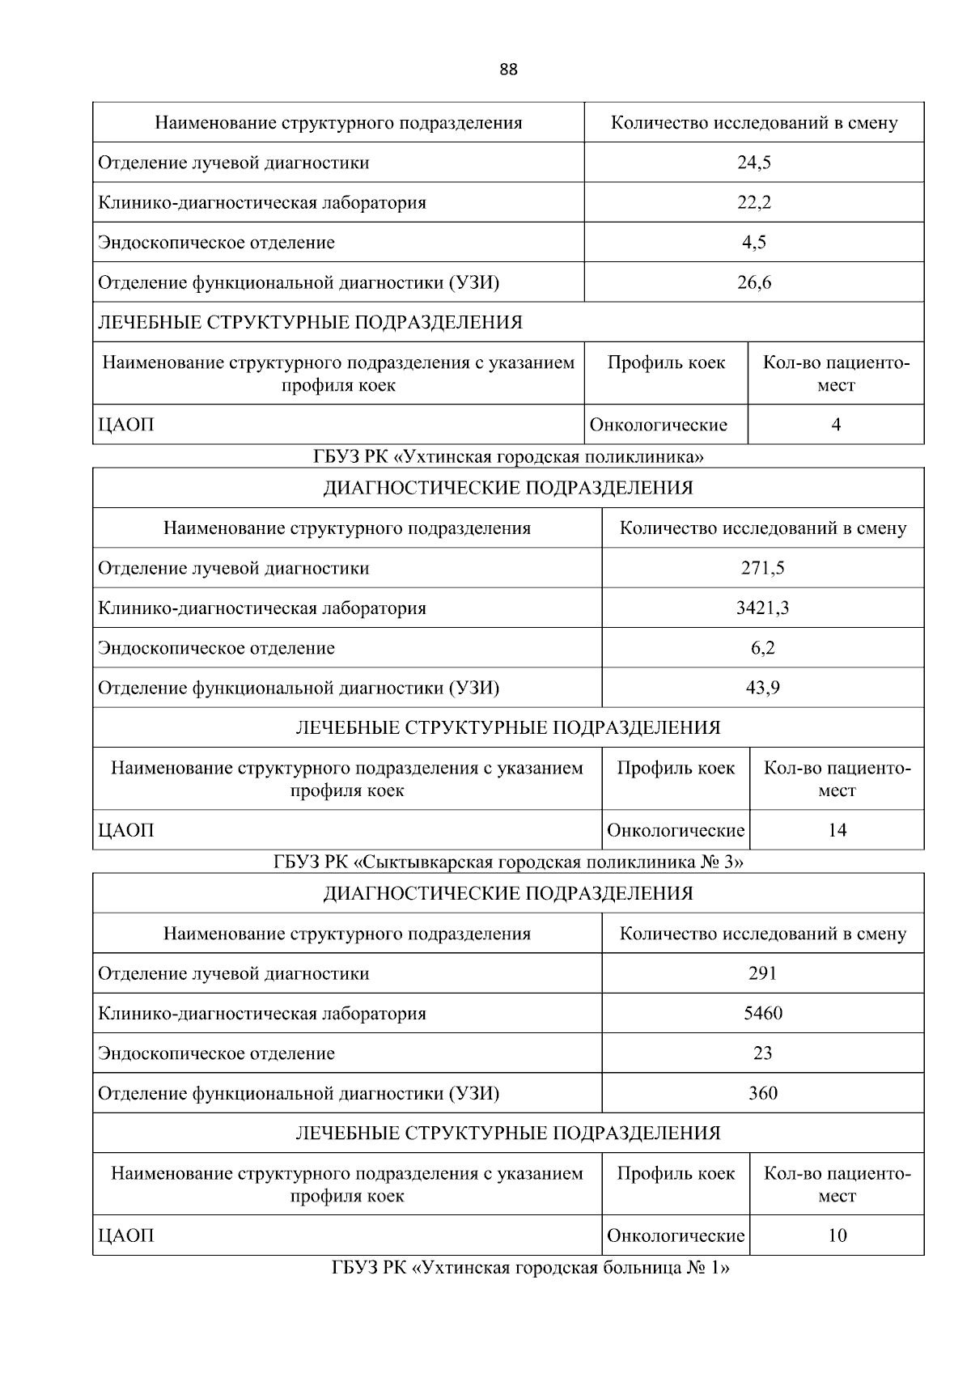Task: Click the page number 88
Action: pos(508,70)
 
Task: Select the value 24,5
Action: pos(753,163)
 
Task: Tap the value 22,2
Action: pos(753,202)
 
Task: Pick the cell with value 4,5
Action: pos(753,242)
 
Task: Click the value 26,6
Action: pos(753,282)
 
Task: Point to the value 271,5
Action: pos(762,568)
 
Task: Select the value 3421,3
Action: pos(762,608)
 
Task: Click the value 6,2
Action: pos(762,648)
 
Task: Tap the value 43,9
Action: pos(762,688)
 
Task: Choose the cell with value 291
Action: pos(762,973)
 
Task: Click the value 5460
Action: pos(762,1013)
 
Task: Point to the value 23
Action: pos(762,1053)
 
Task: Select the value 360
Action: pos(762,1093)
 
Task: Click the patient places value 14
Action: pos(837,830)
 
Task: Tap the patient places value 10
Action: pos(837,1235)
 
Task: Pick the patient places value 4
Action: pos(836,425)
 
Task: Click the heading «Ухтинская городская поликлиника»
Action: pos(508,457)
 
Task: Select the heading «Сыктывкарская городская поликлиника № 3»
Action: pos(508,862)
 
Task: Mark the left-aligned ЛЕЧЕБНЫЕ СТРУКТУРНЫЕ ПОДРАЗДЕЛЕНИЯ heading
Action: pos(310,322)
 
